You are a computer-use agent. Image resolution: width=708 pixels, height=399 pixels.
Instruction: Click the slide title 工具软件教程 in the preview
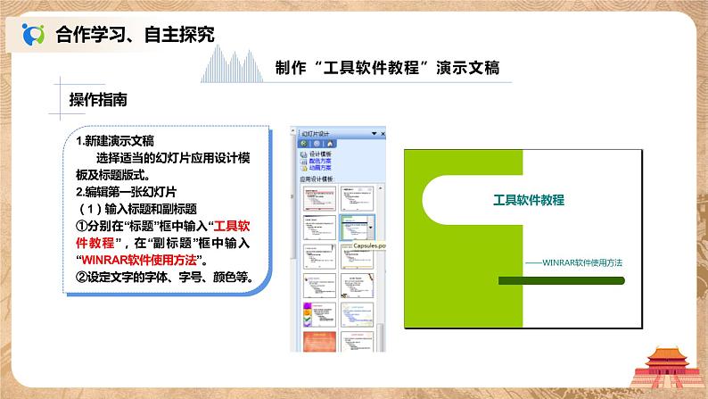tap(529, 200)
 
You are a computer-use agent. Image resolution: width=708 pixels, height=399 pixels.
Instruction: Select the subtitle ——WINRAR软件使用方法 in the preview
tap(572, 262)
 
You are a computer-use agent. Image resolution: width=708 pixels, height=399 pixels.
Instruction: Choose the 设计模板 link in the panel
tap(320, 154)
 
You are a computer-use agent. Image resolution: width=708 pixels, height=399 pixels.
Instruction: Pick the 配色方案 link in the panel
tap(320, 161)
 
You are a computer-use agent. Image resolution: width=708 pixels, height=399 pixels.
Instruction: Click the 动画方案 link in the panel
tap(320, 168)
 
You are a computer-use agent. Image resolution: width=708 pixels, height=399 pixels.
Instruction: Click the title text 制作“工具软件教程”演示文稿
tap(388, 68)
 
